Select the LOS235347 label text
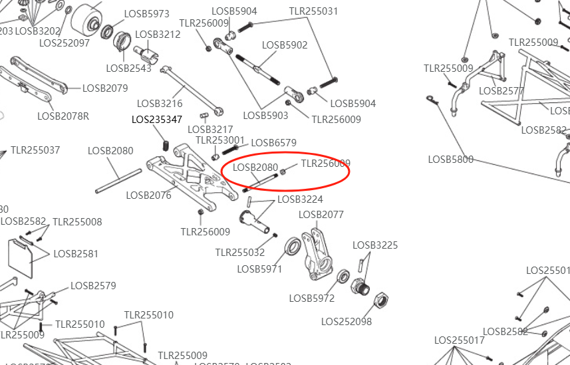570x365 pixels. tap(157, 120)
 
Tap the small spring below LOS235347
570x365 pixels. tap(164, 144)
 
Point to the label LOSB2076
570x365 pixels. tap(148, 195)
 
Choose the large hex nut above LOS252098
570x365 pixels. tap(382, 299)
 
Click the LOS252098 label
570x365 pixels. tap(347, 321)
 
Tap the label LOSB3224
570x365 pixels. tap(300, 199)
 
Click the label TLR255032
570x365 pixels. tap(240, 252)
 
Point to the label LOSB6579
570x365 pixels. tap(274, 142)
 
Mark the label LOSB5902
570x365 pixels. tap(285, 45)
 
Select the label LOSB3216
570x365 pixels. tap(160, 103)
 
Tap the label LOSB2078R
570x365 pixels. tap(63, 116)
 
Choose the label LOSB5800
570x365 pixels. tap(451, 159)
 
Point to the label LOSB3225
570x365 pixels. tap(375, 245)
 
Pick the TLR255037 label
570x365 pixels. tap(35, 150)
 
